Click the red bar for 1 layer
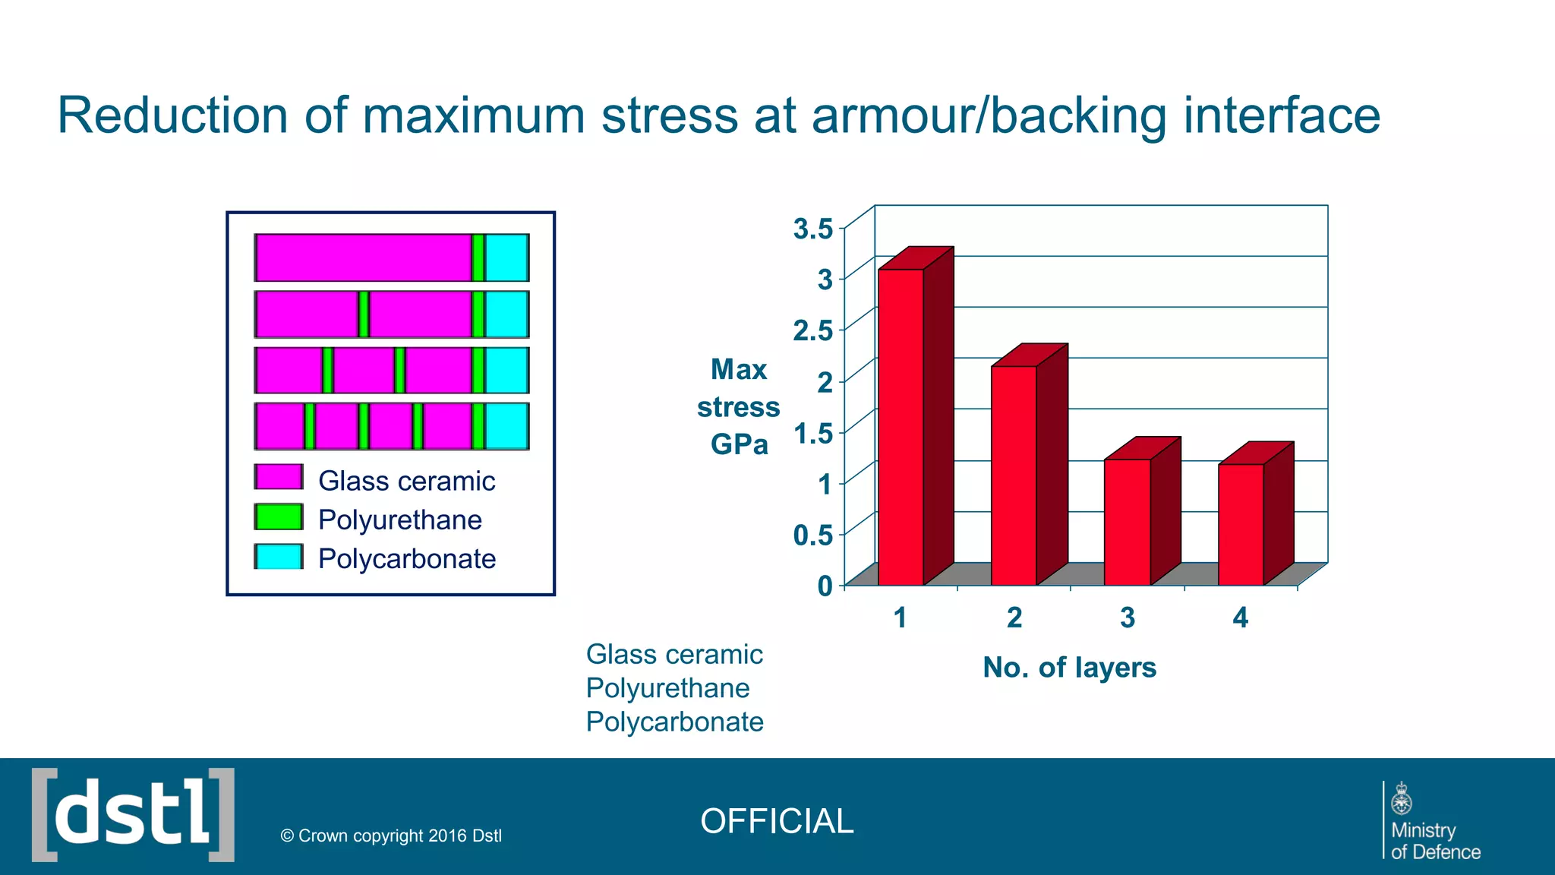point(901,427)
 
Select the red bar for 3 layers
point(1127,523)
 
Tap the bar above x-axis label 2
point(1014,475)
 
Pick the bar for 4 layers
point(1241,524)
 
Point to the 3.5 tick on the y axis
point(813,228)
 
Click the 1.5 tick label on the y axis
point(813,433)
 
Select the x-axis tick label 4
point(1240,618)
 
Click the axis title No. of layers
point(1069,668)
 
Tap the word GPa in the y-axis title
point(739,444)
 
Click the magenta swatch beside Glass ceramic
point(279,477)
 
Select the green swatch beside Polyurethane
point(279,517)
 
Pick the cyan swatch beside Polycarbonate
point(279,557)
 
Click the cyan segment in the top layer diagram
point(506,257)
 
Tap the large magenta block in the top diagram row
point(363,257)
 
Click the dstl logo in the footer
point(133,815)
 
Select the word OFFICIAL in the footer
point(777,821)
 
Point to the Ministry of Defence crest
point(1401,799)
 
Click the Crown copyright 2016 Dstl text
point(391,836)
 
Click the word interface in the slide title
point(1282,115)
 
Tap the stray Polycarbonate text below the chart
point(674,722)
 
